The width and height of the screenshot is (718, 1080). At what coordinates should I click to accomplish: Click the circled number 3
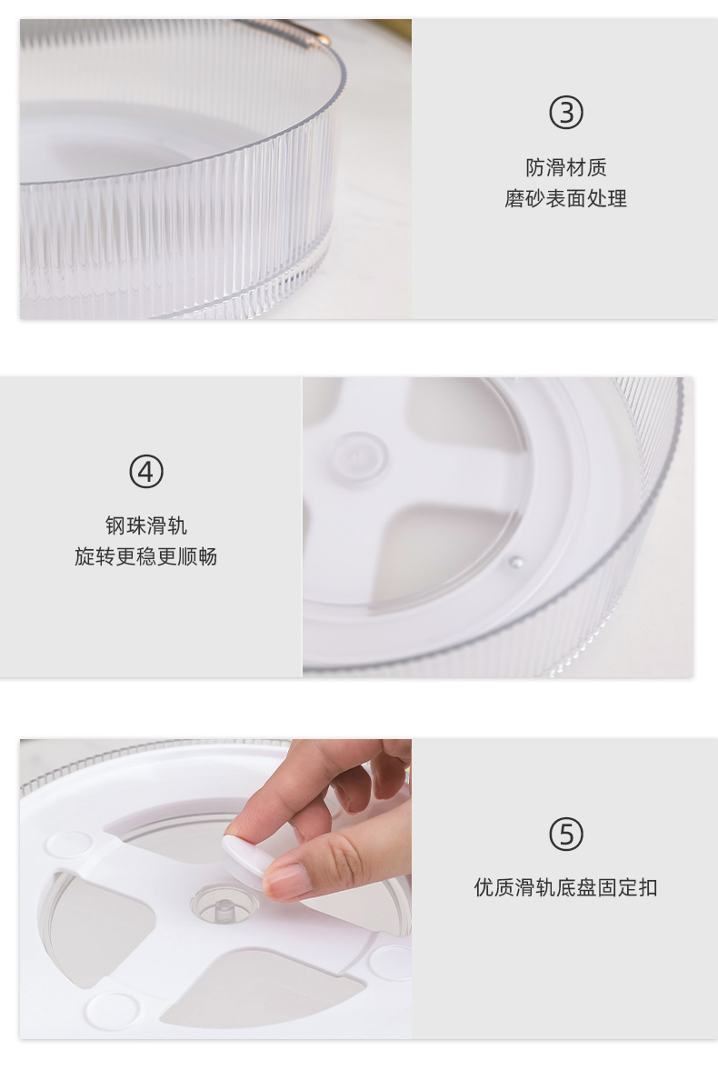pyautogui.click(x=565, y=113)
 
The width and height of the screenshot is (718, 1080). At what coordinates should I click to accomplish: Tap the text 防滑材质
pyautogui.click(x=565, y=167)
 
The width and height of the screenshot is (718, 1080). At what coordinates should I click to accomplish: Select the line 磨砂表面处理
pyautogui.click(x=565, y=198)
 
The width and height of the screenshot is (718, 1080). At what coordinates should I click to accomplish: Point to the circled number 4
pyautogui.click(x=145, y=472)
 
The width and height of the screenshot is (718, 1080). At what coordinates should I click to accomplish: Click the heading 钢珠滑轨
pyautogui.click(x=145, y=525)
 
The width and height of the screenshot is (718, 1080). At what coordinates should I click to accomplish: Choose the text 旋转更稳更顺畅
pyautogui.click(x=145, y=556)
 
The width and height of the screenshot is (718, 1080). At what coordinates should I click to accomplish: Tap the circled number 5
pyautogui.click(x=565, y=834)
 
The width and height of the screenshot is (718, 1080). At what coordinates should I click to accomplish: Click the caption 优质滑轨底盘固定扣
pyautogui.click(x=565, y=887)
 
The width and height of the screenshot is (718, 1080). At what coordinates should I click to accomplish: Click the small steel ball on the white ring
pyautogui.click(x=515, y=563)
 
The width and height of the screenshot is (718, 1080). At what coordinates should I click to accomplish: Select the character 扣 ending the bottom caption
pyautogui.click(x=647, y=887)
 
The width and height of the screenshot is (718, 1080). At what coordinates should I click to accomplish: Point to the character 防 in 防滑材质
pyautogui.click(x=535, y=167)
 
